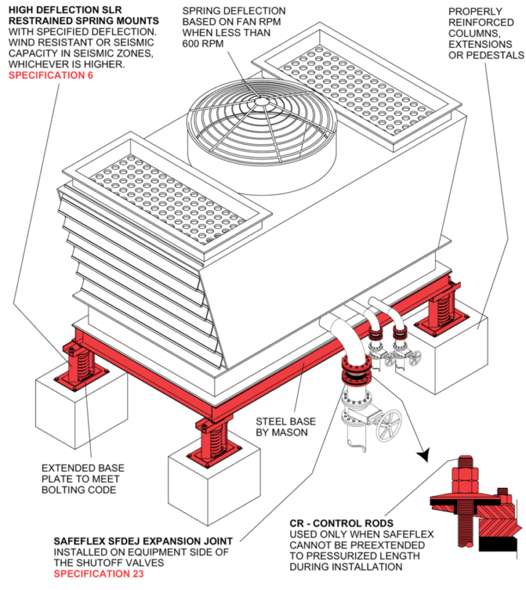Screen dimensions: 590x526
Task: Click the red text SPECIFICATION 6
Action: pyautogui.click(x=51, y=76)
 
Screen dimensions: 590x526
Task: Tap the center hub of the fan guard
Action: pyautogui.click(x=261, y=101)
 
